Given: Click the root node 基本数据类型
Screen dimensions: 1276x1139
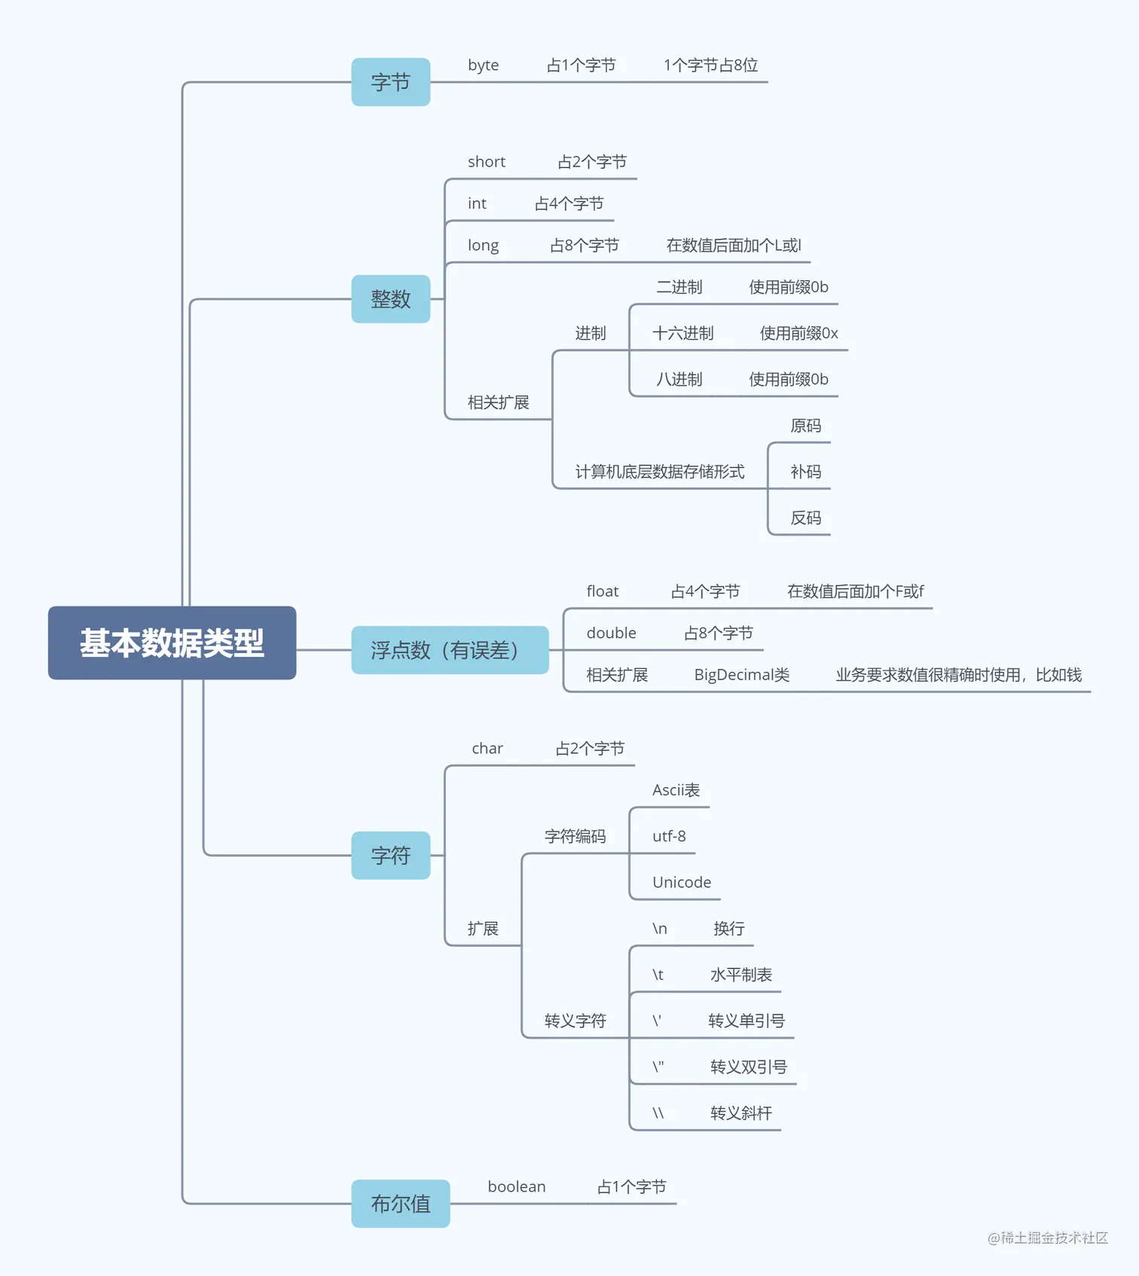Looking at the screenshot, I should click(x=172, y=643).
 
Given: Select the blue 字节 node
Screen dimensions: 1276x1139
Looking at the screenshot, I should click(x=390, y=82).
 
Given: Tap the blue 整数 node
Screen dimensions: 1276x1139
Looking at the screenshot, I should click(x=390, y=299).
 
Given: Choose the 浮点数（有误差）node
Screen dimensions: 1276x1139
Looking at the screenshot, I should click(x=449, y=650).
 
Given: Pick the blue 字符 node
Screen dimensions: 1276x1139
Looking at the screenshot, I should click(x=390, y=856).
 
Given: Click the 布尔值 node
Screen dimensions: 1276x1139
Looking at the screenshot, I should click(x=400, y=1204).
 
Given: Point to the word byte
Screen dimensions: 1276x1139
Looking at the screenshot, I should click(x=483, y=66).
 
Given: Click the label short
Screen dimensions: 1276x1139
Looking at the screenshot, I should click(x=486, y=162).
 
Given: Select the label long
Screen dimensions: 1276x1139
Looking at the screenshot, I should click(x=483, y=246).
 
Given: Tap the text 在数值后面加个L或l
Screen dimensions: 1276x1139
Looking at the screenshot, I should click(x=733, y=246).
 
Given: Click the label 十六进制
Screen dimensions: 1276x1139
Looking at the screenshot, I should click(x=682, y=333).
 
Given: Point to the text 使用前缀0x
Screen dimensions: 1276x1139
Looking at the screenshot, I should click(x=799, y=333).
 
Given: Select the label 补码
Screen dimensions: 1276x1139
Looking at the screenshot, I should click(x=805, y=472).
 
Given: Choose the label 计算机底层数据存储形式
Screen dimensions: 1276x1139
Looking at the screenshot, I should click(x=659, y=472).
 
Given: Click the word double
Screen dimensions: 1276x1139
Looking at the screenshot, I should click(x=611, y=633).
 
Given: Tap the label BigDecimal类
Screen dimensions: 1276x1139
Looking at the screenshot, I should click(x=741, y=675).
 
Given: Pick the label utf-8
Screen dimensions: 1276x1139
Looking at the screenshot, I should click(x=669, y=836).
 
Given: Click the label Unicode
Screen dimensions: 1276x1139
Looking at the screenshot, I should click(x=681, y=882).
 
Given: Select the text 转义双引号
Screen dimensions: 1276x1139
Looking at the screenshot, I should click(x=748, y=1067).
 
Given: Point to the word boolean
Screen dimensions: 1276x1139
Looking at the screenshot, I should click(x=516, y=1187).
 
